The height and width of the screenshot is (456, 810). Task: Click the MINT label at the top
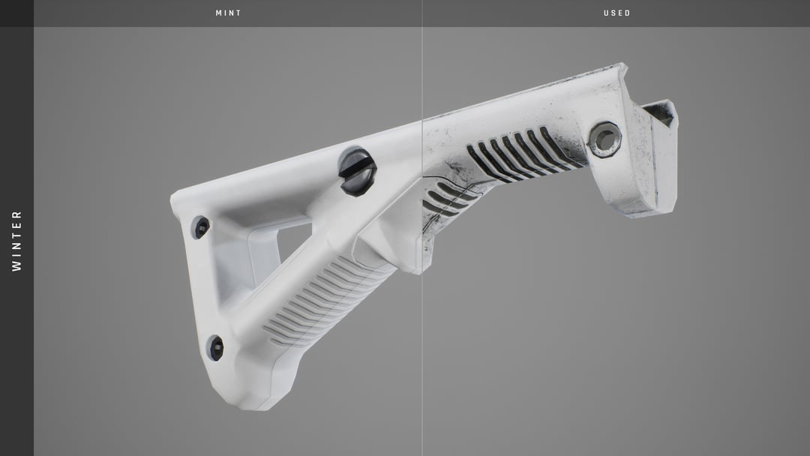point(229,13)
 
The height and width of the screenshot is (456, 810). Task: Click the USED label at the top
point(617,13)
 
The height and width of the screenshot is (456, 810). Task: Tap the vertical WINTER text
point(16,241)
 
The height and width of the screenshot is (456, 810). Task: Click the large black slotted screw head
point(357,172)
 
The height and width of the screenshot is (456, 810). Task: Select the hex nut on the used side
point(604,139)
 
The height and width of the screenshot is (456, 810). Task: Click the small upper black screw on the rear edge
point(201,227)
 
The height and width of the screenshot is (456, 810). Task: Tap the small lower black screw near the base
point(216,348)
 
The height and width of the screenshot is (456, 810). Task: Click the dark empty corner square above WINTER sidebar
point(16,13)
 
